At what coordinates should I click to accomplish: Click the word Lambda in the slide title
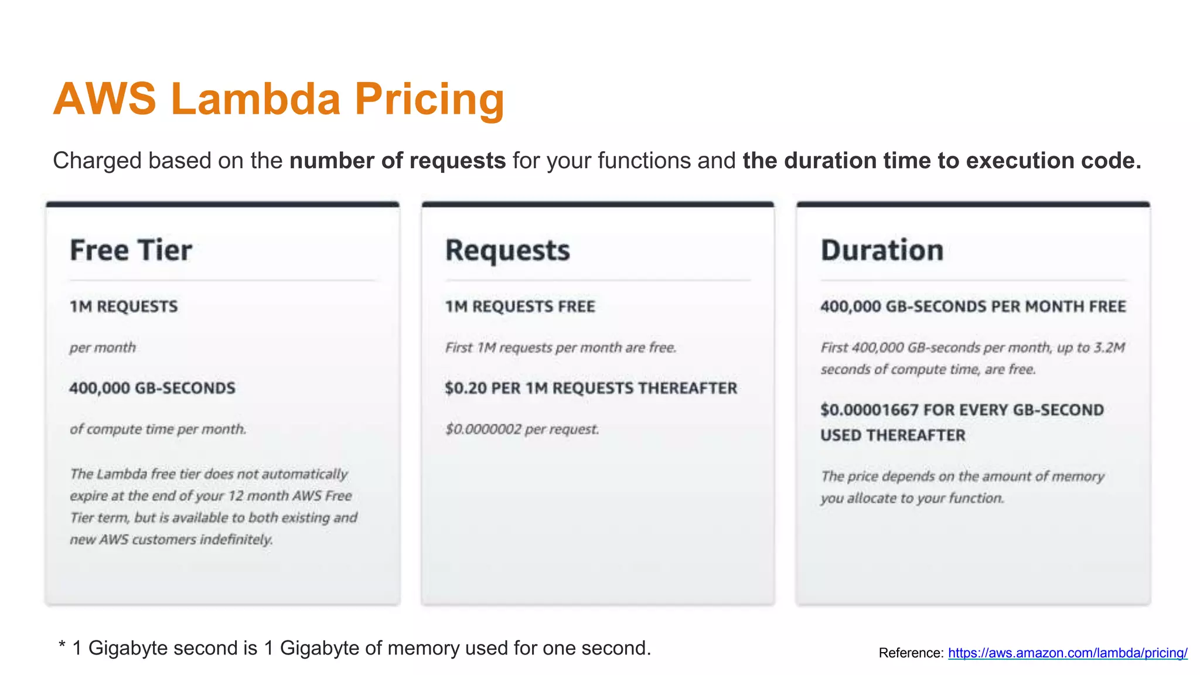point(256,98)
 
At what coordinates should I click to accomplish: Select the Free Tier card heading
point(131,250)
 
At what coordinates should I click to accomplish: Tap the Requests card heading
point(507,250)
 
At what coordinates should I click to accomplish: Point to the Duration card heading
point(882,250)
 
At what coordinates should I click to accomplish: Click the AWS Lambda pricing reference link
point(1068,653)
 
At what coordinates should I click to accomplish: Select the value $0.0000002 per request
point(483,429)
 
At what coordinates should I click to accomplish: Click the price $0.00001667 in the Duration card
point(869,410)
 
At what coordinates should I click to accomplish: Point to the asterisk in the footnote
point(62,647)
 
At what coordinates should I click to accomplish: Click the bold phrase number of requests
point(397,161)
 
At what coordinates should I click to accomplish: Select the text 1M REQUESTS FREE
point(520,306)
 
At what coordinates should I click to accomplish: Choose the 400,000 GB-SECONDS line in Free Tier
point(152,388)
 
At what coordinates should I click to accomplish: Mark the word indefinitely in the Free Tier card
point(236,539)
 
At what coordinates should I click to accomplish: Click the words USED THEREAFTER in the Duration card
point(892,435)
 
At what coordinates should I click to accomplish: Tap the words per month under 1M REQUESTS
point(103,347)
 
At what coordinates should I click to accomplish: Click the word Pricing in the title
point(429,98)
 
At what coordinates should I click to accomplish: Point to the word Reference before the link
point(911,653)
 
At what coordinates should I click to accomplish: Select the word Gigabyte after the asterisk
point(124,648)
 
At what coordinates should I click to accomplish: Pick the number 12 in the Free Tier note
point(236,496)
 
